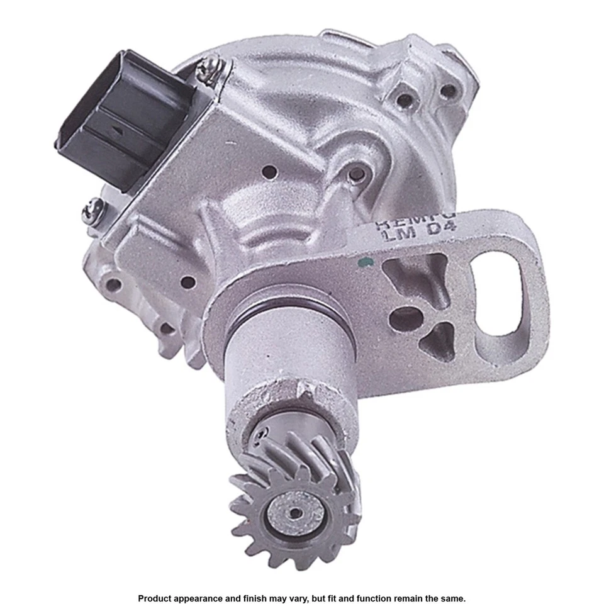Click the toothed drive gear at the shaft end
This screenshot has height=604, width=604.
point(296,497)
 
